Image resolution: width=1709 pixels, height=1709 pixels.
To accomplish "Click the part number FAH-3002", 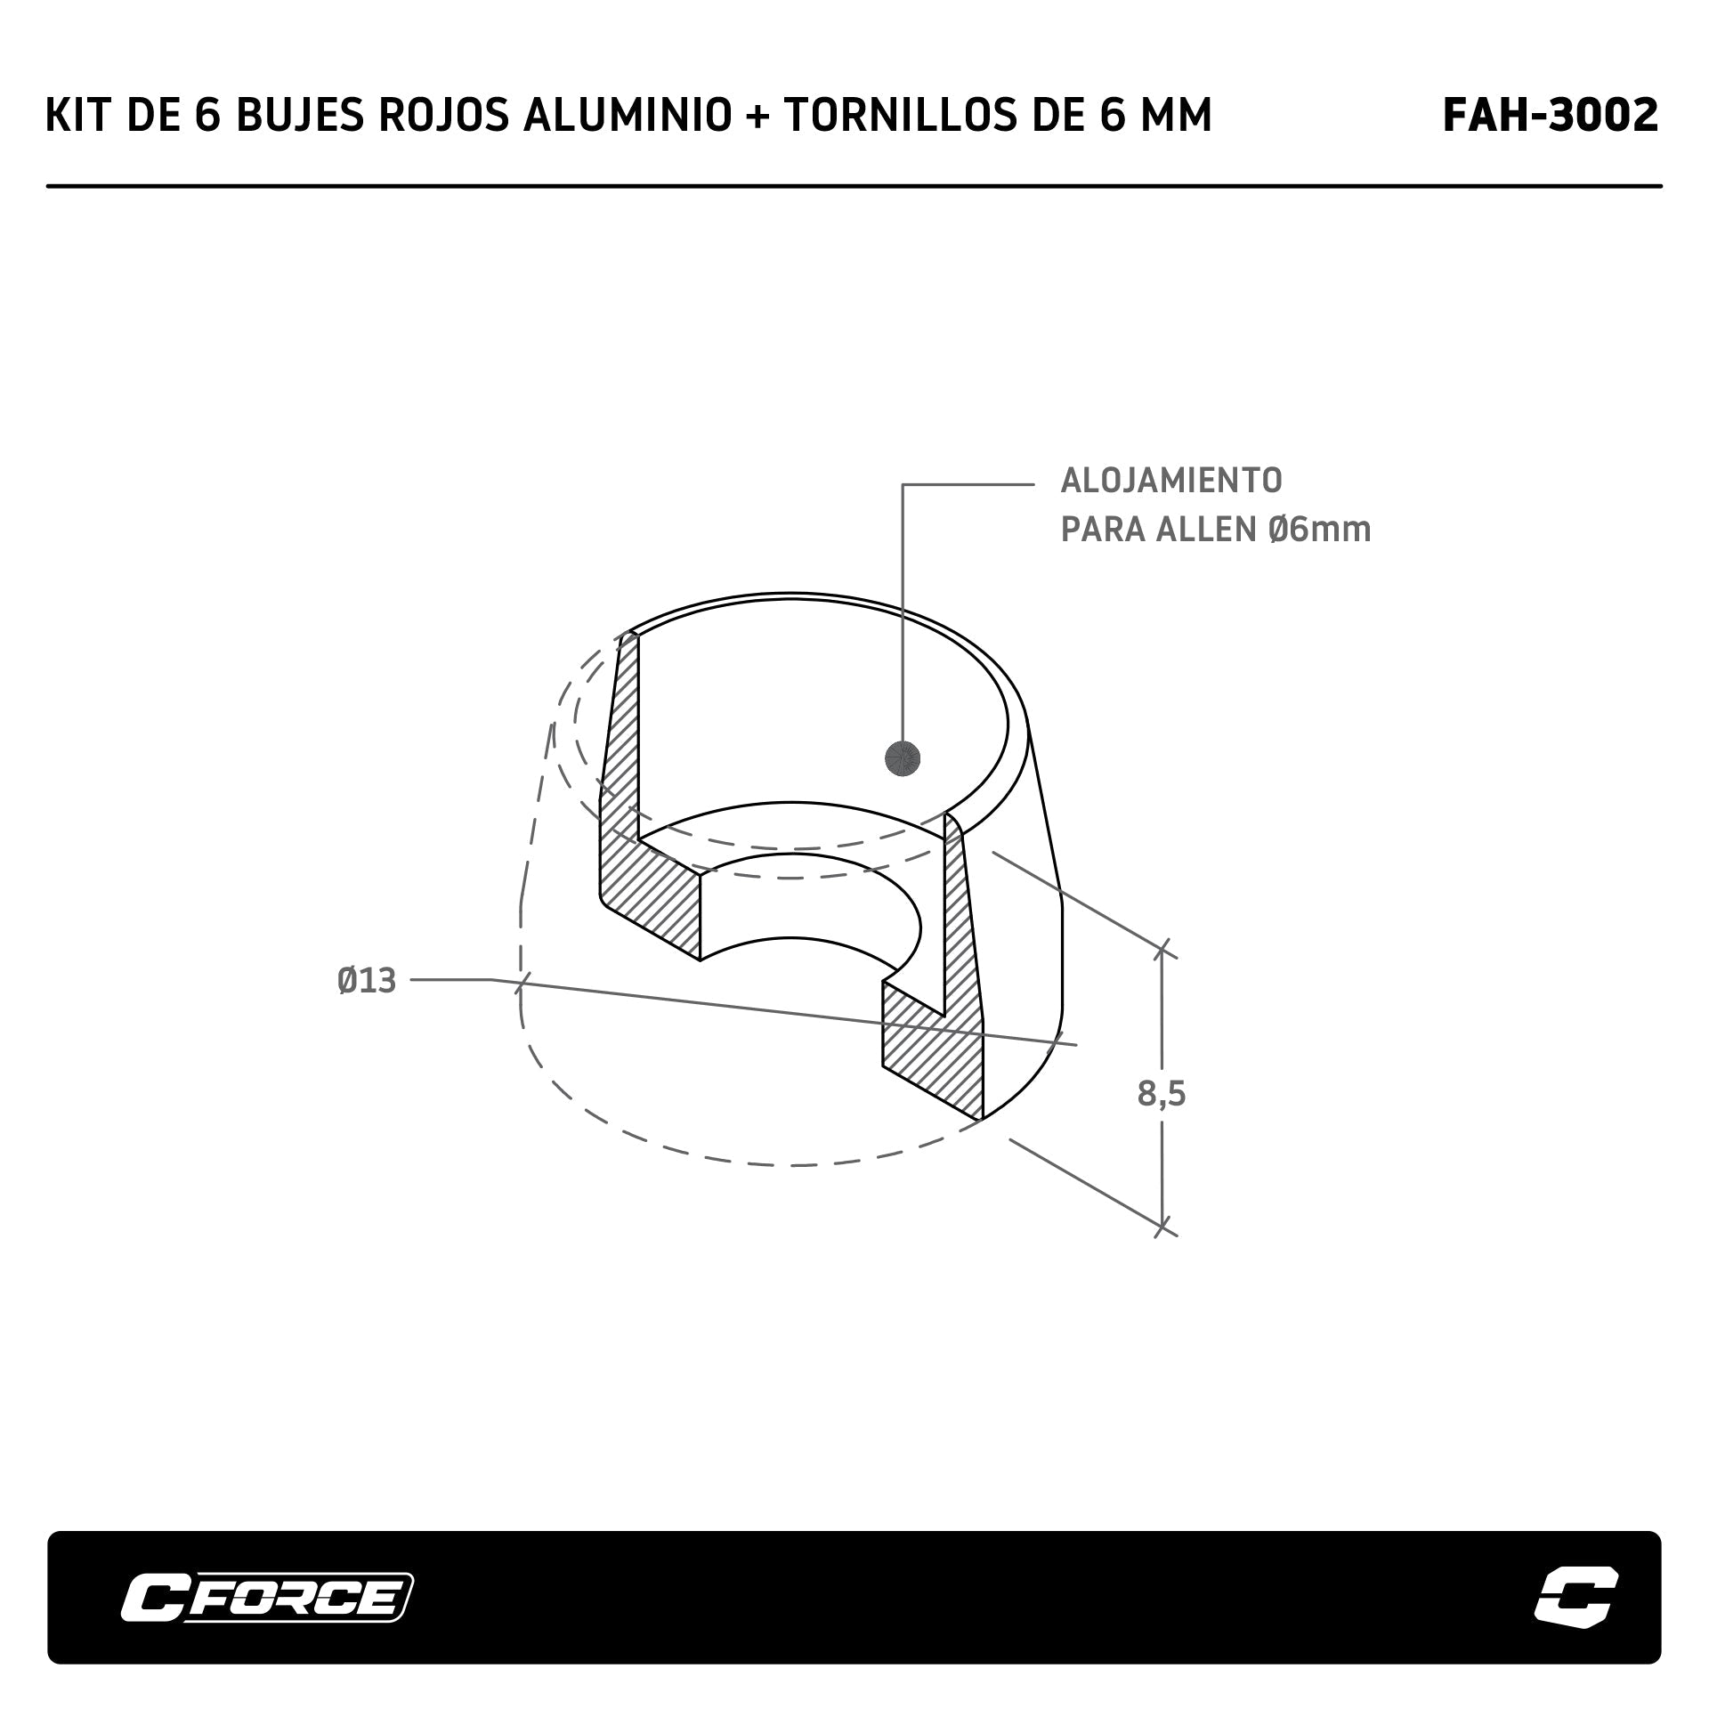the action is (x=1551, y=116).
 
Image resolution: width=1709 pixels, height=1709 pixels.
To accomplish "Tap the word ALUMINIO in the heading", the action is (x=627, y=116).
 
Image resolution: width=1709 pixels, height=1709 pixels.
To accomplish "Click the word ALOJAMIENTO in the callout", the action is (x=1171, y=481).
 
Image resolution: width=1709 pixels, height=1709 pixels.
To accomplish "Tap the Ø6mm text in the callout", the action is (x=1320, y=530).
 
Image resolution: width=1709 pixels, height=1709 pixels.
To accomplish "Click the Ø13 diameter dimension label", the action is (x=367, y=981).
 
